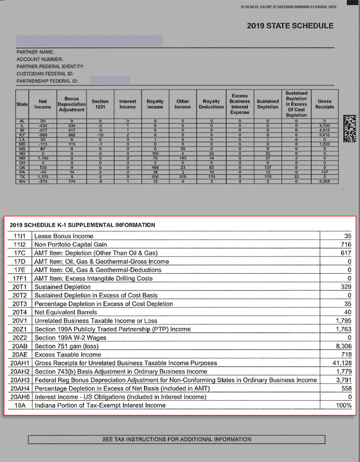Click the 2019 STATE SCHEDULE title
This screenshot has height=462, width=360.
pyautogui.click(x=290, y=25)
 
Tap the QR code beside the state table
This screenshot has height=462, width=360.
pyautogui.click(x=351, y=129)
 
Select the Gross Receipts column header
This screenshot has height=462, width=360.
pyautogui.click(x=324, y=104)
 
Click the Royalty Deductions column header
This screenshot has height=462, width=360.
pyautogui.click(x=211, y=104)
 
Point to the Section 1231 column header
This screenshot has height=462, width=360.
pyautogui.click(x=100, y=104)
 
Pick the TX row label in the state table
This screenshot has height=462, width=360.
pyautogui.click(x=22, y=177)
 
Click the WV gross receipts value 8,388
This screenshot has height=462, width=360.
pyautogui.click(x=324, y=181)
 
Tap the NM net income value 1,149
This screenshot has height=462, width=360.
pyautogui.click(x=43, y=158)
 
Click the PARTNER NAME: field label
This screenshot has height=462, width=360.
pyautogui.click(x=35, y=52)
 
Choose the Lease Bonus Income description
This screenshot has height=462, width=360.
pyautogui.click(x=64, y=236)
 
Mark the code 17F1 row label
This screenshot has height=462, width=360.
pyautogui.click(x=19, y=279)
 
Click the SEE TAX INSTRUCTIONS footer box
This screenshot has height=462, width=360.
pyautogui.click(x=176, y=439)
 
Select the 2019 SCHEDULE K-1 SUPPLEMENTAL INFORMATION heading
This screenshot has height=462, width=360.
pyautogui.click(x=82, y=225)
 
